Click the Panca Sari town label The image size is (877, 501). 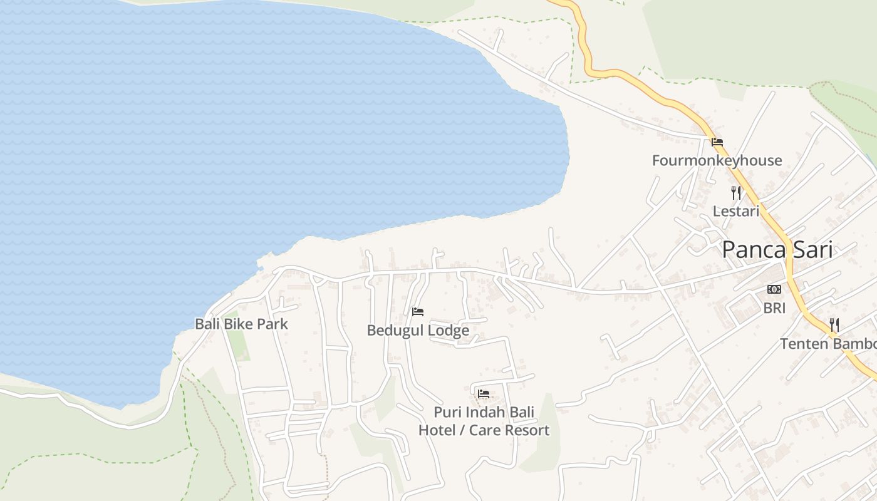(777, 250)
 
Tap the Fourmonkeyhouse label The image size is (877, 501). (717, 160)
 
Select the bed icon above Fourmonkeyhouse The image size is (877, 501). (717, 142)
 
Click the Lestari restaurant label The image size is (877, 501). (736, 211)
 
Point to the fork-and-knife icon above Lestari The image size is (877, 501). (736, 193)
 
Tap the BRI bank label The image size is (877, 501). (774, 308)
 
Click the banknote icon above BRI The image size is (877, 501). (774, 289)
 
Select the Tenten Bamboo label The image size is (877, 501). (827, 344)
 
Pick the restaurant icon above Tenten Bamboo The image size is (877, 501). (834, 325)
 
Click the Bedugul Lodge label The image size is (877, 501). (418, 330)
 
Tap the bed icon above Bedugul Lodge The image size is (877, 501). (418, 312)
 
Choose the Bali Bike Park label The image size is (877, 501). (241, 324)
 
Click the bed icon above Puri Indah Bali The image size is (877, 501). (484, 394)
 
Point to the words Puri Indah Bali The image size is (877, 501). (484, 412)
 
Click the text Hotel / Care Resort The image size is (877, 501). (484, 430)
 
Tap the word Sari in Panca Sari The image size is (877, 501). (809, 250)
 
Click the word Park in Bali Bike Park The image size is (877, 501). (274, 324)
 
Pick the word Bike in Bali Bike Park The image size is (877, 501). (241, 324)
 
